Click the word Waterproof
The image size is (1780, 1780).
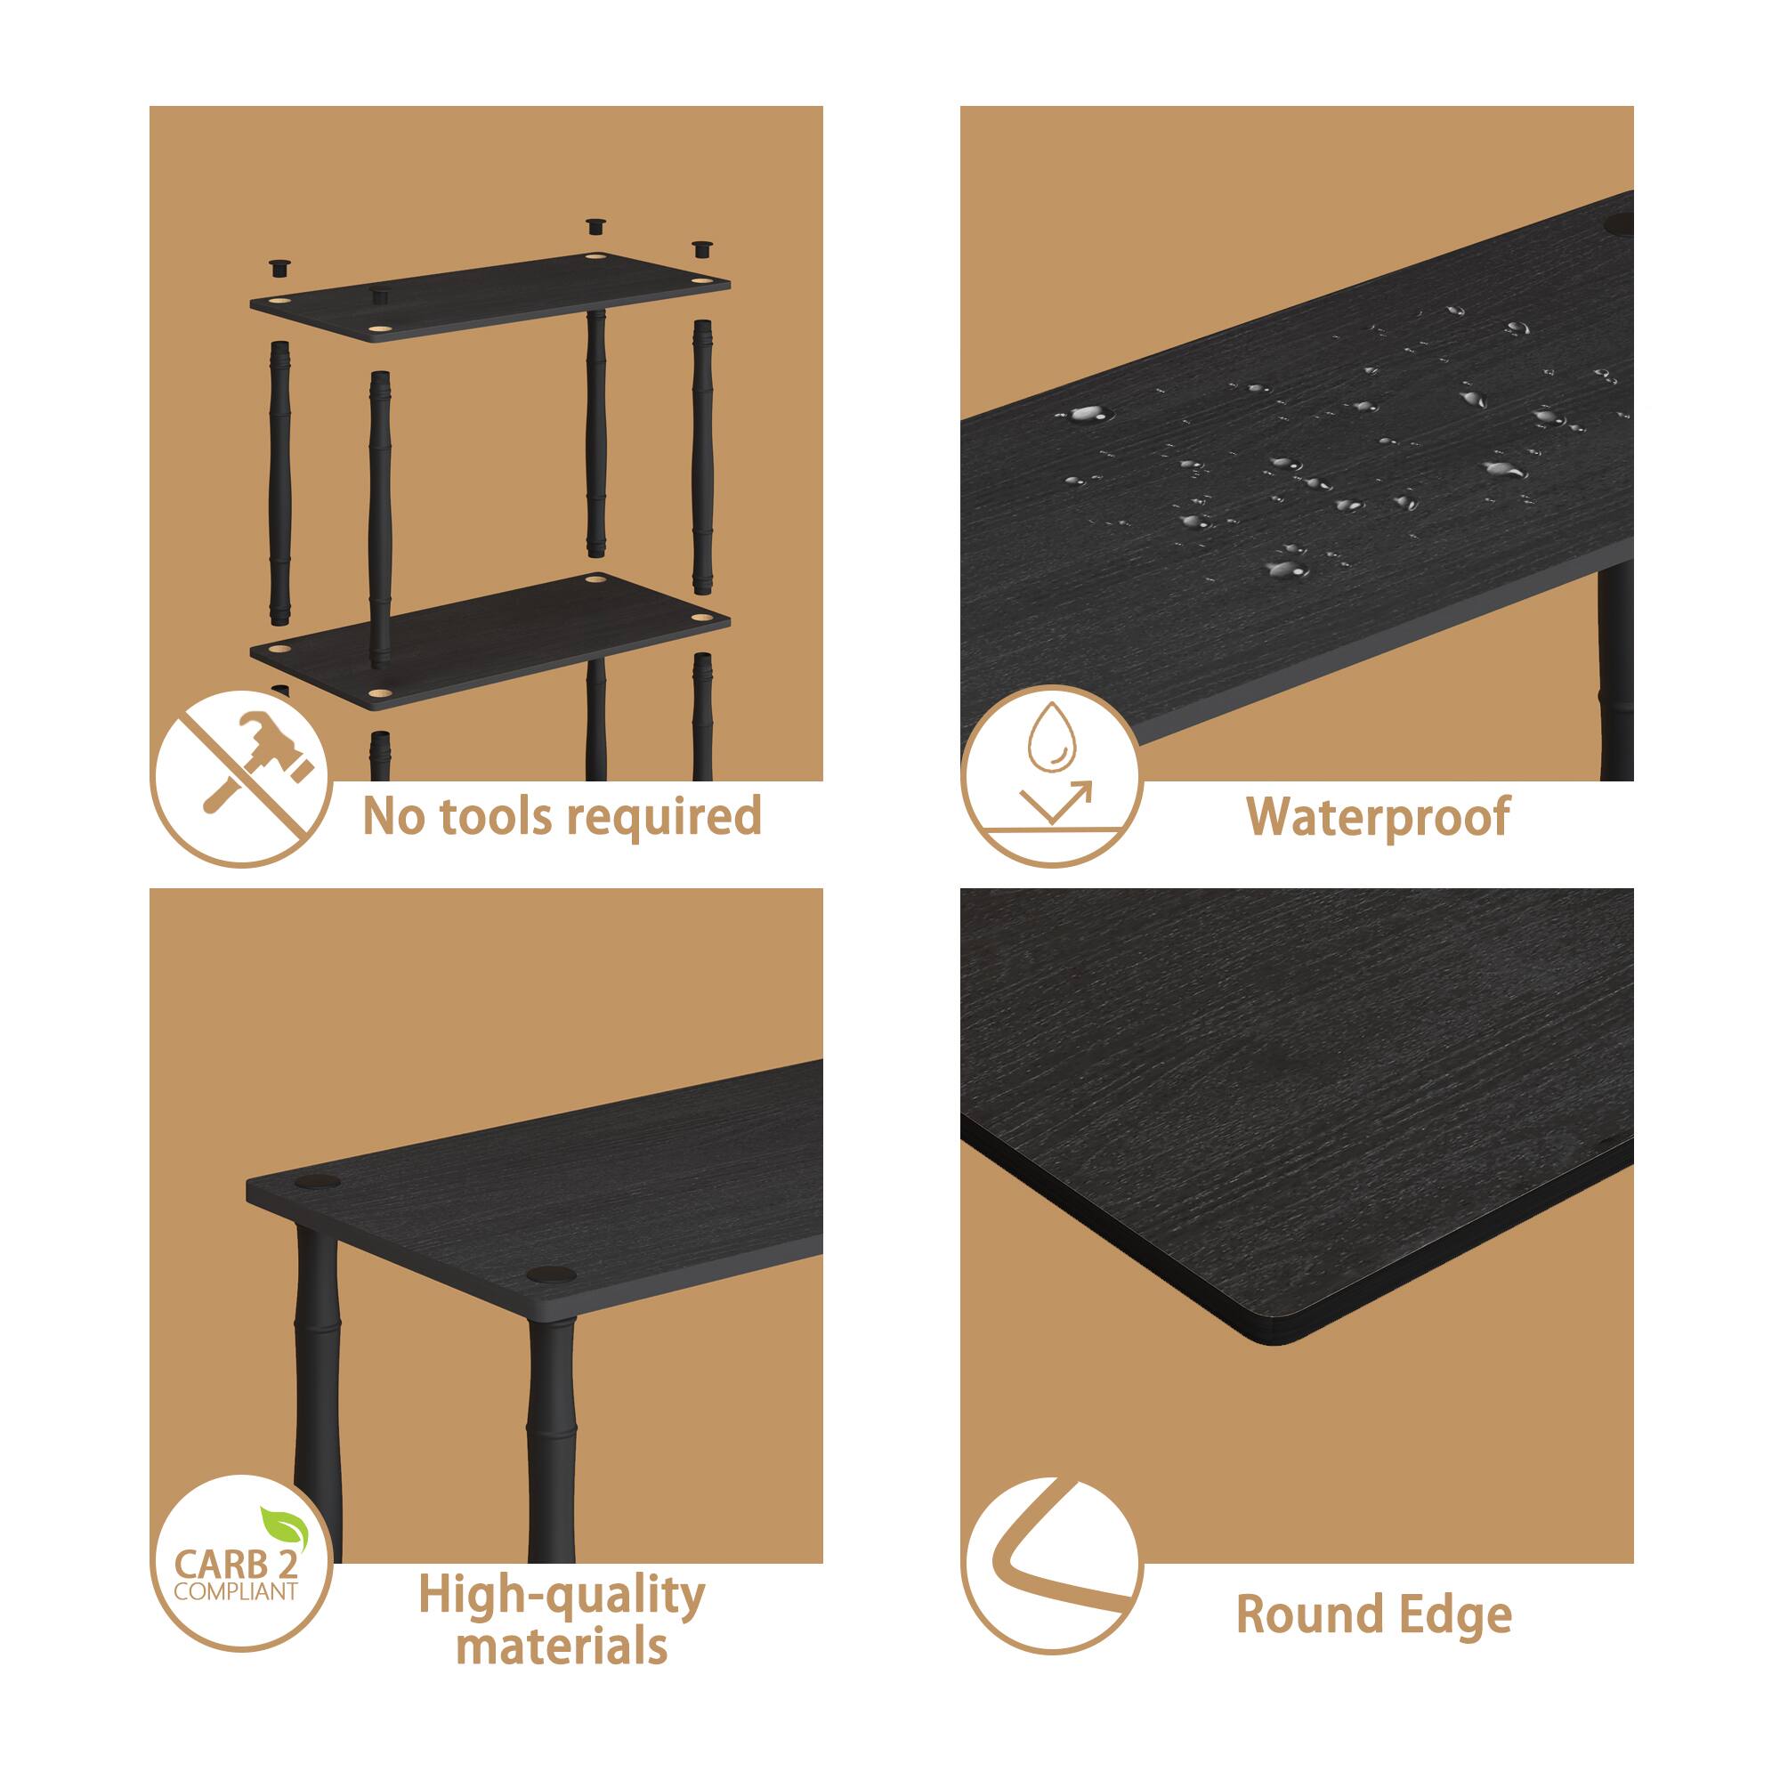tap(1379, 816)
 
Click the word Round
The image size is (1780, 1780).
tap(1310, 1614)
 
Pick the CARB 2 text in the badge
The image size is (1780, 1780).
tap(236, 1565)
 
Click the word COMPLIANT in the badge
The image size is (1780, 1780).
tap(236, 1591)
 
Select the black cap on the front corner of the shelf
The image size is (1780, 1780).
tap(551, 1276)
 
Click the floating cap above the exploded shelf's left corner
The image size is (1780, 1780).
tap(280, 268)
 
